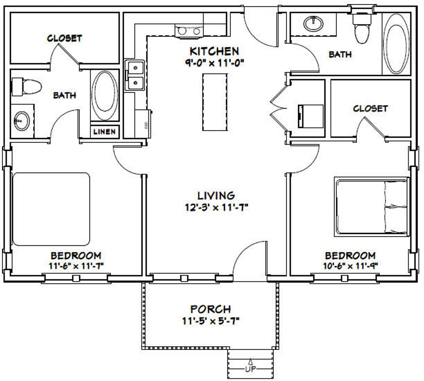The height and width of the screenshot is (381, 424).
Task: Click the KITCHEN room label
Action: [x=214, y=51]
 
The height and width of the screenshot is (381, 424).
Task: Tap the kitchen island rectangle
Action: [x=215, y=102]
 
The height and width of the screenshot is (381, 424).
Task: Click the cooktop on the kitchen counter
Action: [x=189, y=31]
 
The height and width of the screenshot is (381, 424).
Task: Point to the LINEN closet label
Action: [x=105, y=132]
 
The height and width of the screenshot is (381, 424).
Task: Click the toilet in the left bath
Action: [x=27, y=87]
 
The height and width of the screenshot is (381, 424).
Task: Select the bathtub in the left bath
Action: [x=104, y=95]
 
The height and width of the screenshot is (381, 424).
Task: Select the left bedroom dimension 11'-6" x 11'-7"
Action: [x=76, y=266]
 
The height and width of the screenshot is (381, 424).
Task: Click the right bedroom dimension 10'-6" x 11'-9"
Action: [x=350, y=266]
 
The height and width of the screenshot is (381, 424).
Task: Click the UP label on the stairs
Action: [x=250, y=369]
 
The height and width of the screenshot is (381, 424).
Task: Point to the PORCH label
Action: [x=210, y=309]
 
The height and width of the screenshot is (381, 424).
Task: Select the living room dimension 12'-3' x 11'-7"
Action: [x=217, y=207]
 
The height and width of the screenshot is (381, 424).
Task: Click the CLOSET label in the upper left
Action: [x=64, y=38]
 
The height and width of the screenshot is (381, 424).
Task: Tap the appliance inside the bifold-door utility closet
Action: [x=311, y=116]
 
